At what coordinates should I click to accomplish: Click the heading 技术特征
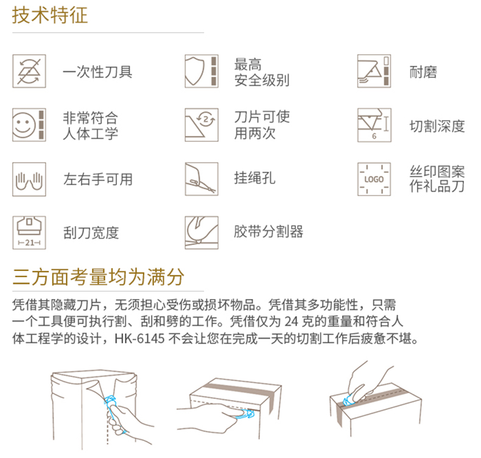50,15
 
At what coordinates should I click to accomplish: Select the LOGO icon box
374,179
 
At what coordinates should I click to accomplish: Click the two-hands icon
29,179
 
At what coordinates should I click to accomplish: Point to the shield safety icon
202,71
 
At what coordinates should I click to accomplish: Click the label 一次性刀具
97,72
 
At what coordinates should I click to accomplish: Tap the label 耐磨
423,72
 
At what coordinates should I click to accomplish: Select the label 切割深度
437,126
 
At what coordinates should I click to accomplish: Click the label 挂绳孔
255,178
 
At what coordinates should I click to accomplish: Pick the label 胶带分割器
269,231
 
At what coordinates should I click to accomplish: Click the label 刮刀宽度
91,233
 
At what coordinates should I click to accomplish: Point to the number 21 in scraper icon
29,242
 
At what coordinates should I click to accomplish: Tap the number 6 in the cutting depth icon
374,136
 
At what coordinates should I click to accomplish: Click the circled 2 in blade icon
206,119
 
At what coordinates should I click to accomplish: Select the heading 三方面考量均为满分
98,277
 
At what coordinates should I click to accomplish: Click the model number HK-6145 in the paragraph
139,339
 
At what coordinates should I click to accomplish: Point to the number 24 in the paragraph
291,322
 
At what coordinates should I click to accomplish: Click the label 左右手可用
98,179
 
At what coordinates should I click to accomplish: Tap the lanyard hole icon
202,179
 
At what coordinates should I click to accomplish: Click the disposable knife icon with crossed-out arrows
29,71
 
